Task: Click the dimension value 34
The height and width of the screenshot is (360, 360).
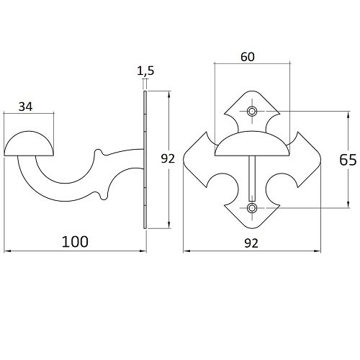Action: [25, 107]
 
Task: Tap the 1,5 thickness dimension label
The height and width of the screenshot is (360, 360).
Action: [145, 71]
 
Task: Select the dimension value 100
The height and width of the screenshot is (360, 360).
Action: [75, 242]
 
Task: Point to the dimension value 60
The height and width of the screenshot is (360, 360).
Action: [248, 57]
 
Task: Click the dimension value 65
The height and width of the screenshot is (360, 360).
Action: [348, 160]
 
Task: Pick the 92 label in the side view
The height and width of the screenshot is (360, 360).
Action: [168, 158]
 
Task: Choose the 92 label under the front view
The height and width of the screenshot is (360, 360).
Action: [251, 243]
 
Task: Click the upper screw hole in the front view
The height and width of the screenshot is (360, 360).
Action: [252, 112]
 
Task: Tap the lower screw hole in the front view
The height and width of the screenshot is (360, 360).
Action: [252, 208]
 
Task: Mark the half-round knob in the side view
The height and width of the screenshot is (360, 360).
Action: [29, 144]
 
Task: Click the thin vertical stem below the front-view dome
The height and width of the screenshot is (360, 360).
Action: [252, 179]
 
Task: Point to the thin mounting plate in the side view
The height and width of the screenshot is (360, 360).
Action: [145, 160]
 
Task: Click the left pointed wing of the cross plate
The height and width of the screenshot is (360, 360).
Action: [197, 160]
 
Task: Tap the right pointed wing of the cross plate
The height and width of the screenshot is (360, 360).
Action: [307, 160]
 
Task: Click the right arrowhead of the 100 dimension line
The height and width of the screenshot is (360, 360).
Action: [143, 251]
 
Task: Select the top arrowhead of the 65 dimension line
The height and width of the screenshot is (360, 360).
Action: [348, 114]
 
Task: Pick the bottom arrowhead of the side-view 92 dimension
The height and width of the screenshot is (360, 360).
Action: [169, 225]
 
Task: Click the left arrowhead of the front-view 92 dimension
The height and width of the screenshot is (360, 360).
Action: [186, 251]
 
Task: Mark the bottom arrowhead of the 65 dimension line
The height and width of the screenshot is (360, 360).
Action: [348, 204]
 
